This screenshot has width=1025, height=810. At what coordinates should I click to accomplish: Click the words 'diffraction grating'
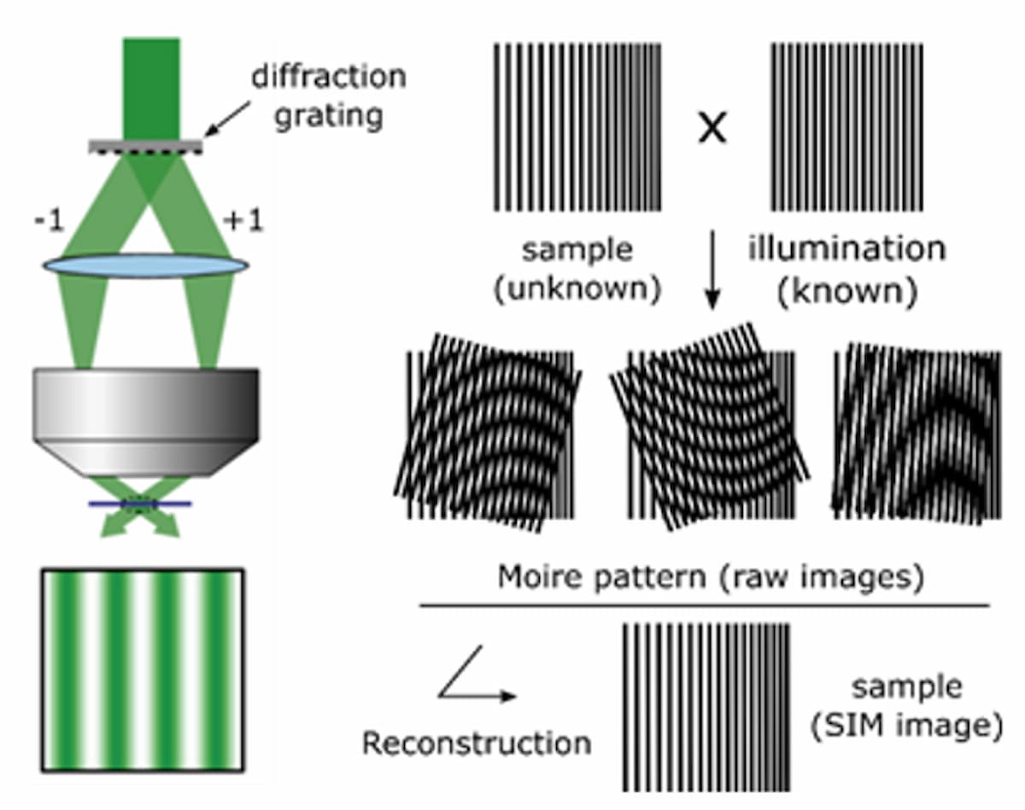(x=327, y=95)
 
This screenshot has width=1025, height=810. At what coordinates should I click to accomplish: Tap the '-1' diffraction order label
(x=48, y=221)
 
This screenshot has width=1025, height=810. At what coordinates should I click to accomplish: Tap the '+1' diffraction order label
(x=243, y=221)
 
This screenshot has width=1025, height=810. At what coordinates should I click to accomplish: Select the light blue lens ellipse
(x=145, y=265)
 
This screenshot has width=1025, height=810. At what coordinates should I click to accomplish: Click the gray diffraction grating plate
(x=145, y=147)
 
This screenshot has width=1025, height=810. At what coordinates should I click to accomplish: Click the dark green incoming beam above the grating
(x=151, y=85)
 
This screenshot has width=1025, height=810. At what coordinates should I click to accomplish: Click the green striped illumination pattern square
(x=143, y=669)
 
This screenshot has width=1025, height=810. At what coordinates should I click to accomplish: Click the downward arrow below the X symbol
(x=713, y=273)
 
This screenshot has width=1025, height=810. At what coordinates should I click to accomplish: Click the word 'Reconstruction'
(x=476, y=743)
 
